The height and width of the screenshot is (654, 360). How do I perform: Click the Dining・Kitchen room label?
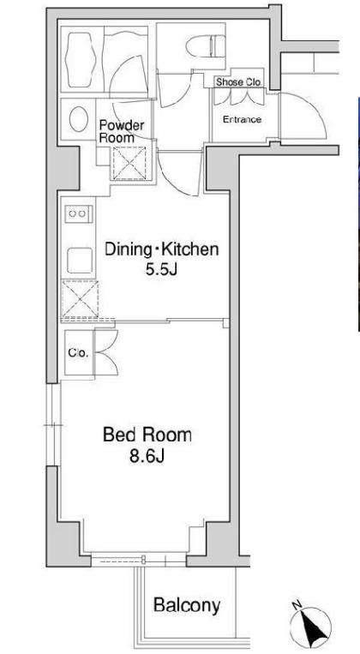coord(161,249)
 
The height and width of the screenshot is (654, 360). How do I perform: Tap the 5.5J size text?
coord(161,270)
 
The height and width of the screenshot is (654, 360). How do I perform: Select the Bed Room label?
coord(147,435)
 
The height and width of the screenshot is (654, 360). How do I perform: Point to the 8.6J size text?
coord(147,456)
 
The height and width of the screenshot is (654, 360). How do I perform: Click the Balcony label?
coord(187,604)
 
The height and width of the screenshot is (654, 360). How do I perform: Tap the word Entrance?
coord(242,120)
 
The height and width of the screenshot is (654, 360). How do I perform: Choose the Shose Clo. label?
coord(238,82)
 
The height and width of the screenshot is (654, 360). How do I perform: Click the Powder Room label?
coord(122,131)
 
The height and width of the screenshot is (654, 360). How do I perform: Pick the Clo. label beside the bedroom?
coord(78,353)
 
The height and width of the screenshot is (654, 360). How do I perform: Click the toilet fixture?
coord(206,46)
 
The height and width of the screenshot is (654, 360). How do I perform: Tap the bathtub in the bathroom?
coord(82,59)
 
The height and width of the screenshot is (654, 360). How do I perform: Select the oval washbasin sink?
coord(78,119)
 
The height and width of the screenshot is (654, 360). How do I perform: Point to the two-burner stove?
coord(77,214)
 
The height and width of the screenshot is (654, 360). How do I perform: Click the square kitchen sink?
coord(79,261)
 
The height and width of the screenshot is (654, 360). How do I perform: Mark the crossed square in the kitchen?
coord(80,299)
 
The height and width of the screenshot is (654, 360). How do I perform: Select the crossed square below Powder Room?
coord(128,163)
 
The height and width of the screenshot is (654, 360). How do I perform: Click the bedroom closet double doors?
coord(106,353)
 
